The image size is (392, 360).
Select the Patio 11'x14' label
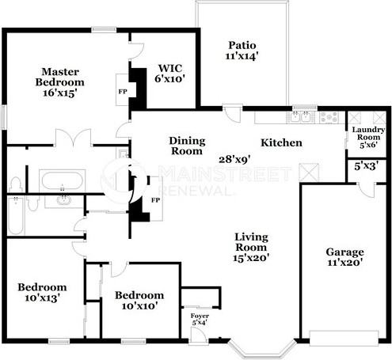(x=242, y=51)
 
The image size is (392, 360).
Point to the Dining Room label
(x=188, y=146)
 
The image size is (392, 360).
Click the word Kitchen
(x=281, y=143)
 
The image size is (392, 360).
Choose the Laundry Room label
(x=368, y=137)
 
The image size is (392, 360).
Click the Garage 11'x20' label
(x=344, y=258)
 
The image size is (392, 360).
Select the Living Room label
(x=251, y=246)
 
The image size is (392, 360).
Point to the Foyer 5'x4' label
(x=200, y=318)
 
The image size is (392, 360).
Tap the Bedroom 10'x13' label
(x=42, y=292)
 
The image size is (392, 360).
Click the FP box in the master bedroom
(x=122, y=91)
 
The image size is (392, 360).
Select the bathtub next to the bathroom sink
(x=59, y=177)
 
